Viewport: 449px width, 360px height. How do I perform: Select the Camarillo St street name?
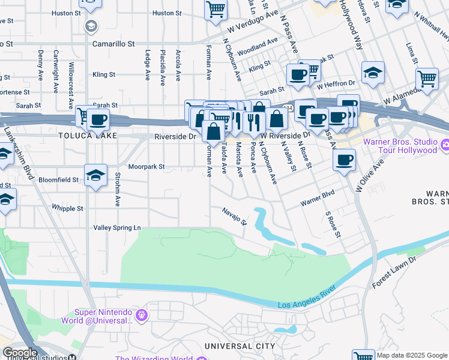pos(113,44)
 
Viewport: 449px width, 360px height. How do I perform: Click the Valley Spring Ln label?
pos(116,227)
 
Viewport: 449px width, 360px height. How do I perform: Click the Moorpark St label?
pos(147,166)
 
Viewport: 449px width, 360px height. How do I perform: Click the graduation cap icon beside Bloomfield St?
pos(96,176)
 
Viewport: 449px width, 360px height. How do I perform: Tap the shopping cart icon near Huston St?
pos(215,10)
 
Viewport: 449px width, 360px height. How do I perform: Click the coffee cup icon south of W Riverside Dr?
pos(344,160)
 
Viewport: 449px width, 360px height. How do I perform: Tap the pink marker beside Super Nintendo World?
pos(142,314)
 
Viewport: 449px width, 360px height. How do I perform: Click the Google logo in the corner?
pos(19,353)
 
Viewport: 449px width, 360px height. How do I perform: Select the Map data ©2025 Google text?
pos(411,355)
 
